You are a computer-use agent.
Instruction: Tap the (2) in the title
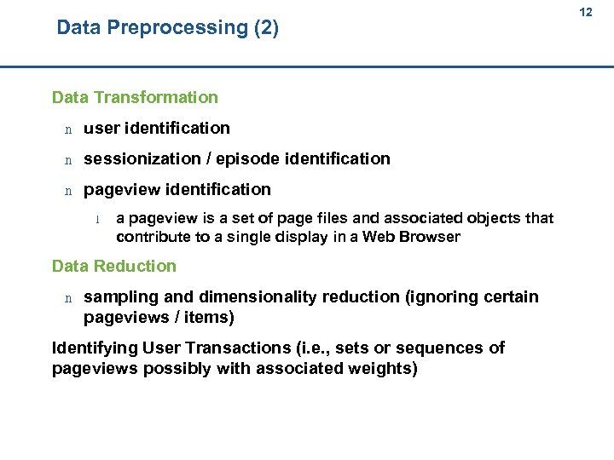point(266,28)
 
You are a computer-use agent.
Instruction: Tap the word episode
point(250,158)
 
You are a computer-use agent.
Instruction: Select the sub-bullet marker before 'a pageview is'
point(99,219)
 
